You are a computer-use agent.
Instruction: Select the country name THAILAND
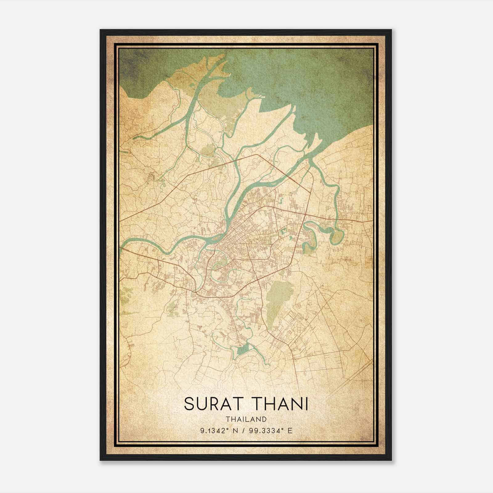(x=246, y=419)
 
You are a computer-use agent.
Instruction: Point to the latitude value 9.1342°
(x=215, y=430)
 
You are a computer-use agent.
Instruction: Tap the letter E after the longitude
(x=290, y=430)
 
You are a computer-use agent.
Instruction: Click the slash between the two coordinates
(x=244, y=430)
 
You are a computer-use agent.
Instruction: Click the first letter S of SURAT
(x=189, y=404)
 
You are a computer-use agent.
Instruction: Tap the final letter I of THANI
(x=307, y=404)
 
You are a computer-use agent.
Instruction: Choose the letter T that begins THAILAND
(x=227, y=419)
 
